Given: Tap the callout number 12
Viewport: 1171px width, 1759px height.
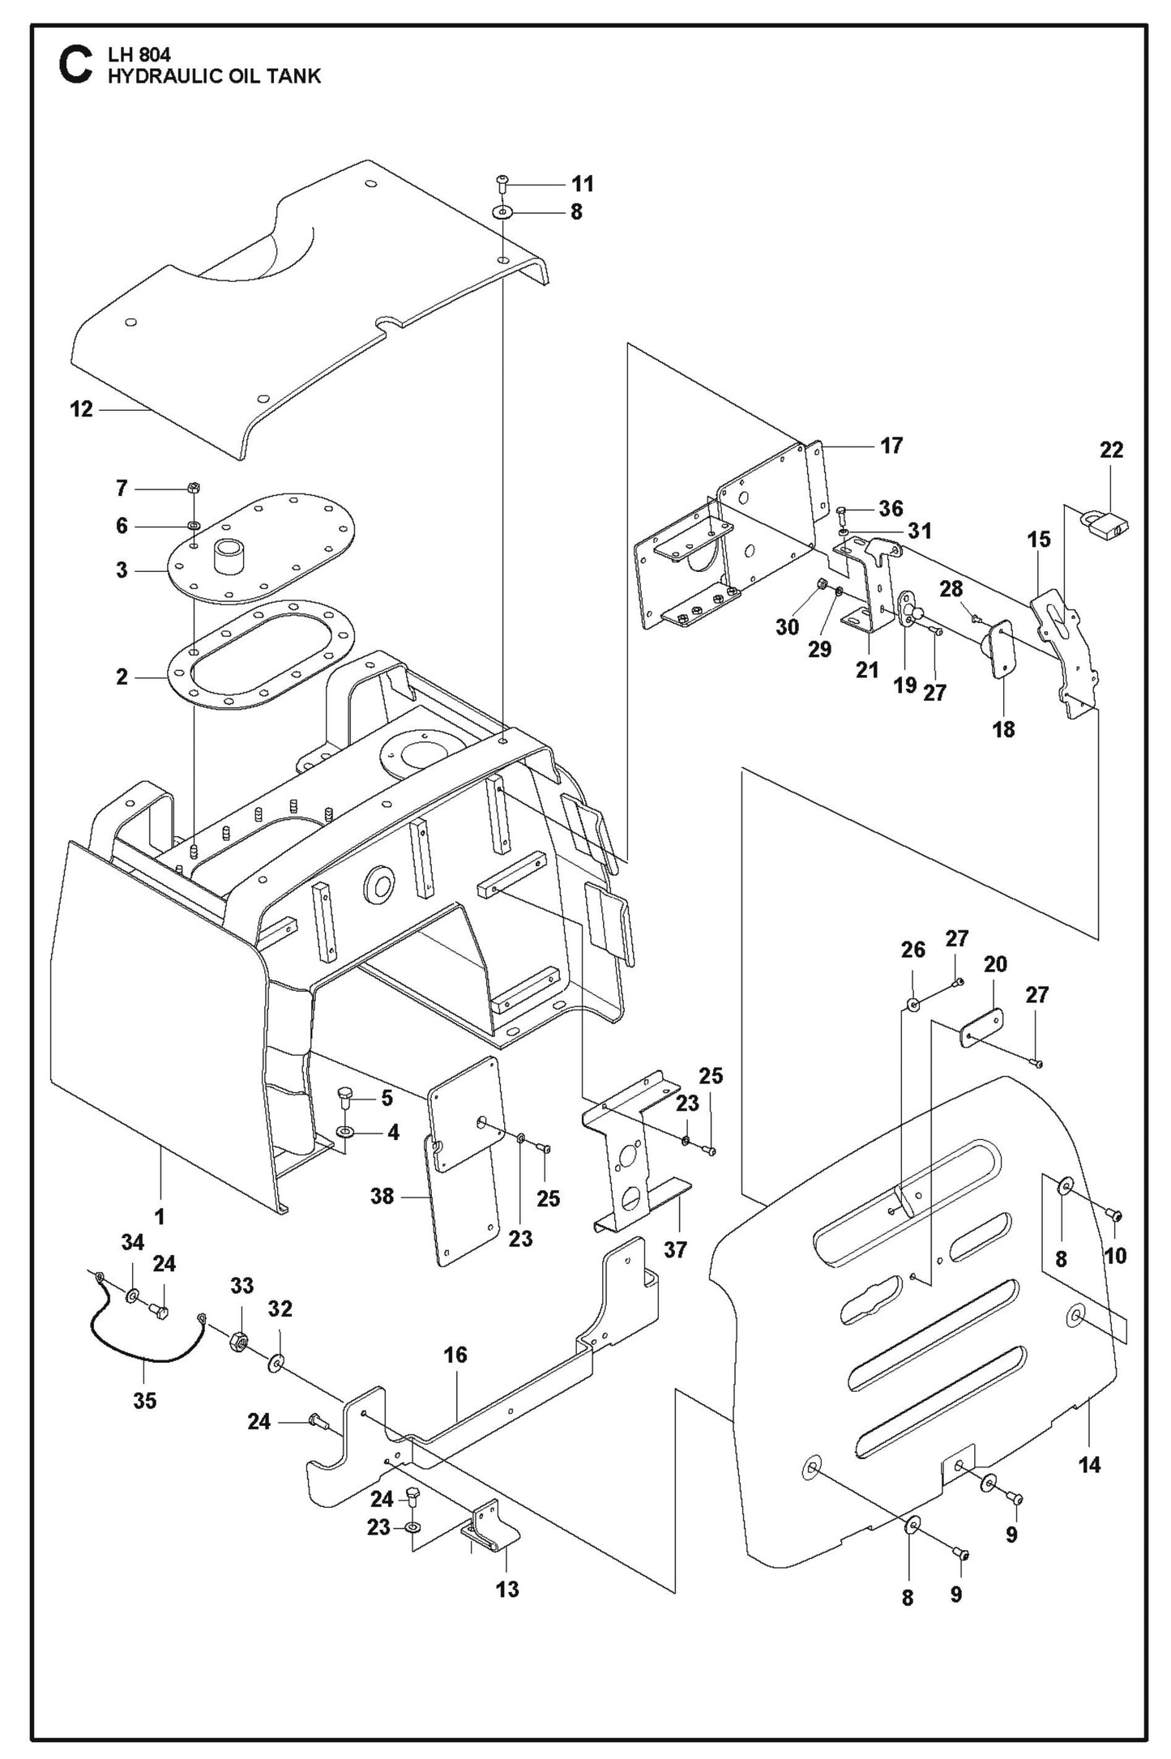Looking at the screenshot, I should coord(82,410).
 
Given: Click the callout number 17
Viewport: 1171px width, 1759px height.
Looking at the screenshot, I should coord(891,446).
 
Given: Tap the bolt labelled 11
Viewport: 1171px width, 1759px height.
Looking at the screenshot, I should coord(502,182).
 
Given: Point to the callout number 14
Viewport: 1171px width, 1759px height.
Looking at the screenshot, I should coord(1090,1464).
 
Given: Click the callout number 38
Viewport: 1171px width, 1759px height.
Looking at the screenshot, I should coord(382,1195).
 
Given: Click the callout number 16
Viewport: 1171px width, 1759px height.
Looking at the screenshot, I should coord(455,1355).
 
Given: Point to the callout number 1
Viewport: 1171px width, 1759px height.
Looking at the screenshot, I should coord(160,1216).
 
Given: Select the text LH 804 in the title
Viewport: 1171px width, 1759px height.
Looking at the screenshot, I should coord(139,56).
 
